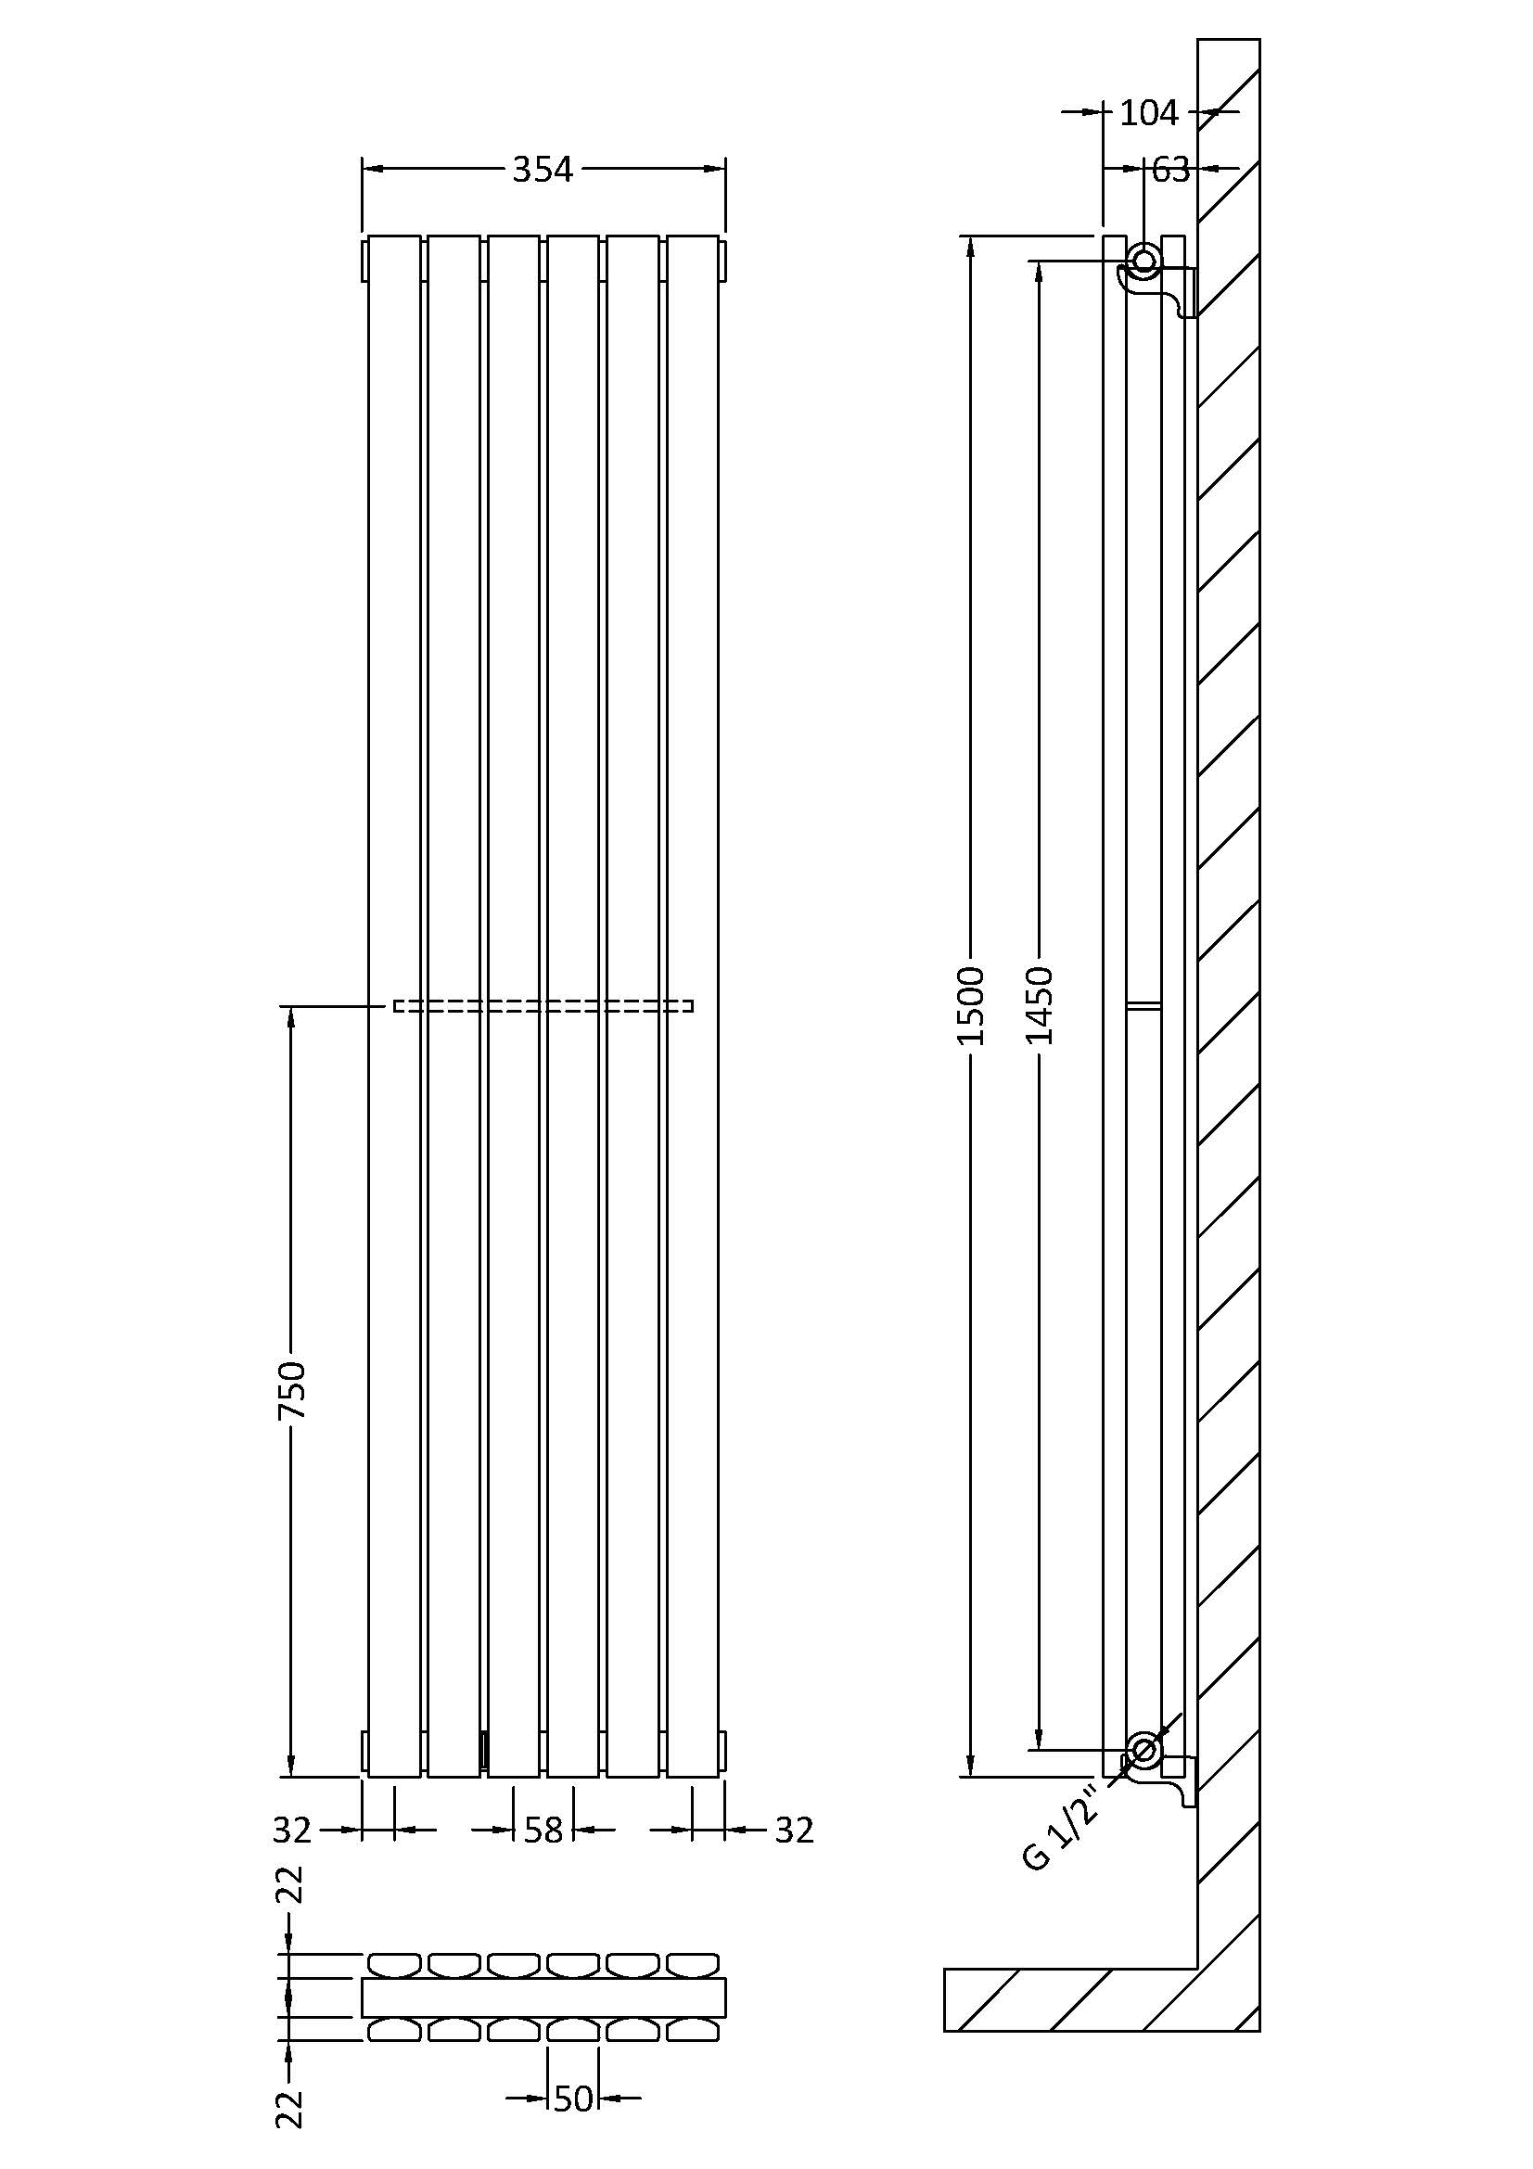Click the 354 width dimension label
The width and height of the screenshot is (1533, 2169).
tap(543, 169)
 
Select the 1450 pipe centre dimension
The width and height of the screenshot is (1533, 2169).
tap(1039, 1006)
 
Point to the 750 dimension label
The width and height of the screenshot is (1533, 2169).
tap(292, 1389)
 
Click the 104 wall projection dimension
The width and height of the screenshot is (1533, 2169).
tap(1149, 112)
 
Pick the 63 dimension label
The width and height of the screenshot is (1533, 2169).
tap(1170, 169)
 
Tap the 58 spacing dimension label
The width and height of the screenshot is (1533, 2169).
tap(543, 1830)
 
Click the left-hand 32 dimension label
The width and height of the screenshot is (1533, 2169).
tap(292, 1830)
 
